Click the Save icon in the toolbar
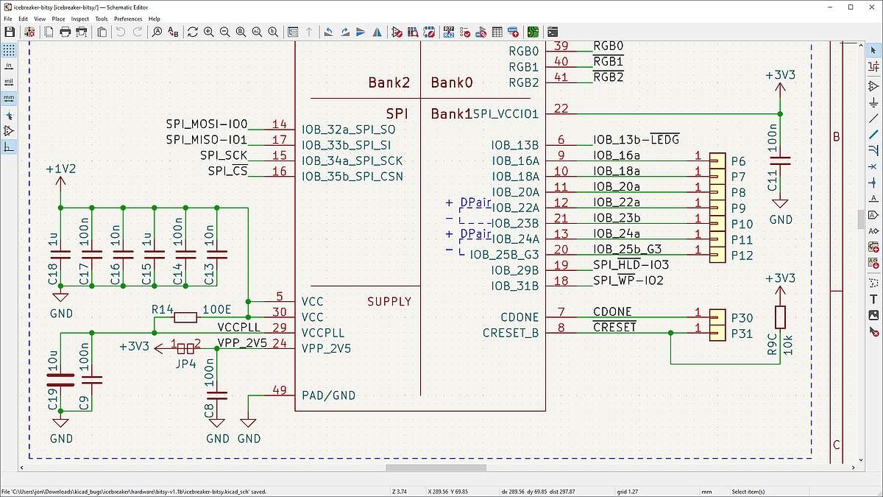coord(10,32)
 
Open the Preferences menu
coord(128,18)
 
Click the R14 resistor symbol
coord(185,317)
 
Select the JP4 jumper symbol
coord(185,349)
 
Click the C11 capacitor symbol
coord(780,161)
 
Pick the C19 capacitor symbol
coord(60,380)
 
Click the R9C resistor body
coord(780,317)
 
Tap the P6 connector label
coord(738,161)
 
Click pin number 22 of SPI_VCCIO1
coord(561,108)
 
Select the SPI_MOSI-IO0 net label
coord(207,124)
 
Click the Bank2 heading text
coord(389,82)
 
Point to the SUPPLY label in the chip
coord(389,302)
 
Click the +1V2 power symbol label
coord(60,169)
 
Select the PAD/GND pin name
coord(328,395)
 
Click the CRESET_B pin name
coord(511,334)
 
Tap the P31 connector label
coord(742,334)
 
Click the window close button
coord(871,7)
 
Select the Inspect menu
coord(79,18)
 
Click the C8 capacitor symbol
coord(217,395)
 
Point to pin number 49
coord(280,390)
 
